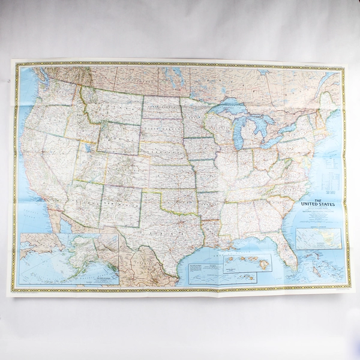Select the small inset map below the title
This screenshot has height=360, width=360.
(319, 238)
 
